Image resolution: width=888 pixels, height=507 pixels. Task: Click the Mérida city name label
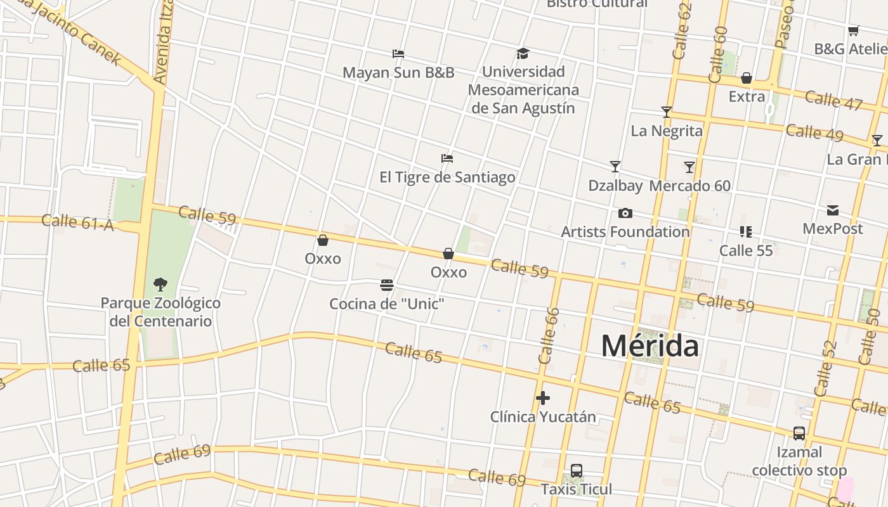(x=650, y=346)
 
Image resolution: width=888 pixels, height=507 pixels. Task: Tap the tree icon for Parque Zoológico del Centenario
(x=160, y=284)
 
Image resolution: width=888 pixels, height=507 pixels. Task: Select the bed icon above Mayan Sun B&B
(x=398, y=54)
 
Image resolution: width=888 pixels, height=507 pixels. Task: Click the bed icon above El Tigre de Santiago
(x=447, y=158)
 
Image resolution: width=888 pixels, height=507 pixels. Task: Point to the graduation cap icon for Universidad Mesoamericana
(x=523, y=53)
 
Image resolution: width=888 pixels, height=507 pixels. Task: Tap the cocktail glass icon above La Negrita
(x=666, y=112)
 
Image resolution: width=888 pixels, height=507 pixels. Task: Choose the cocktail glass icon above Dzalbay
(x=615, y=167)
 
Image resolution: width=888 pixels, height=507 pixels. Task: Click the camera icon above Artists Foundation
(x=625, y=213)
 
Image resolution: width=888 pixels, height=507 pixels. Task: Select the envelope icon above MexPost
(x=833, y=210)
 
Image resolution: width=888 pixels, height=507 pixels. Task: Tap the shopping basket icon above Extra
(x=747, y=78)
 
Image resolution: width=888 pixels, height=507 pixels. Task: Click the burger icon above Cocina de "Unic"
(x=387, y=285)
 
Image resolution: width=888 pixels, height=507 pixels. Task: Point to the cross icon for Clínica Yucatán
(x=542, y=398)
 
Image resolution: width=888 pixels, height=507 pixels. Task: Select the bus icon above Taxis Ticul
(x=577, y=471)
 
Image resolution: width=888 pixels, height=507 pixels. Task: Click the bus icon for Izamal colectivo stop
(x=799, y=433)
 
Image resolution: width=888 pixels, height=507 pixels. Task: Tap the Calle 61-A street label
(x=77, y=222)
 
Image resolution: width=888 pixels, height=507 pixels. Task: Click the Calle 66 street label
(x=549, y=335)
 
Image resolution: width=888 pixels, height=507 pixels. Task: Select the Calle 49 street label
(x=814, y=134)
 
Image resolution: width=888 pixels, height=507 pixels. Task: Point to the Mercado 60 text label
(x=689, y=186)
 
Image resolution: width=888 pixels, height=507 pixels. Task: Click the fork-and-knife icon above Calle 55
(x=746, y=232)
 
